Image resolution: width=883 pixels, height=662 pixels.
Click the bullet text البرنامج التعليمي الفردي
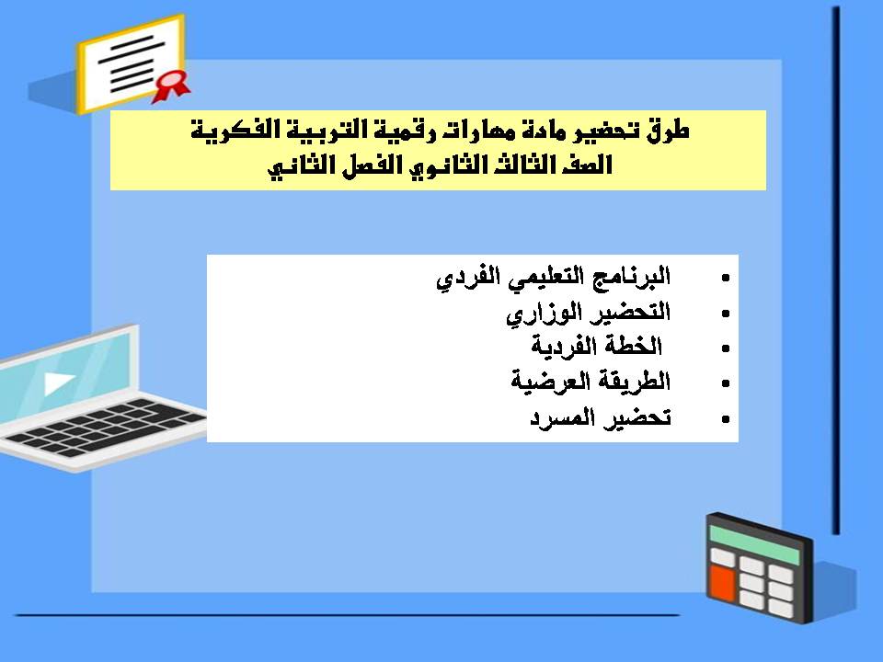tap(553, 277)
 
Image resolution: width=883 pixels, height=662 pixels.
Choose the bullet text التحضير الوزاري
tap(589, 313)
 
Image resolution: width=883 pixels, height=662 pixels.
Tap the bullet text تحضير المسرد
tap(600, 418)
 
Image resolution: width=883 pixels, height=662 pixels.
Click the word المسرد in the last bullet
tap(563, 418)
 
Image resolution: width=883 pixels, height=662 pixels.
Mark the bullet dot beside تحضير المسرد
tap(727, 419)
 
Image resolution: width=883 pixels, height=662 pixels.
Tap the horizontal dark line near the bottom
tap(350, 615)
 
